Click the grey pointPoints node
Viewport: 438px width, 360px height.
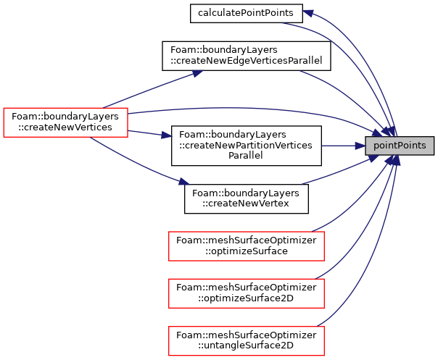400,146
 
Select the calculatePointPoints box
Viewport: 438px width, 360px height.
246,13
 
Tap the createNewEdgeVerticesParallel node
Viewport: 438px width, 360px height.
247,56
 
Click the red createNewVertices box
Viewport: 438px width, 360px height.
66,122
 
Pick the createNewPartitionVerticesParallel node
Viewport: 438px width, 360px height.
247,146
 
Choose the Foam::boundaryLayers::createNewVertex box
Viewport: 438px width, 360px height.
247,199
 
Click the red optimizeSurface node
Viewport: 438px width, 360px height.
247,246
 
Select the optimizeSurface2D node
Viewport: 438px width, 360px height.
247,293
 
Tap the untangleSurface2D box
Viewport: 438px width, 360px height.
247,340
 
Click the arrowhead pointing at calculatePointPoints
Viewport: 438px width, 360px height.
307,12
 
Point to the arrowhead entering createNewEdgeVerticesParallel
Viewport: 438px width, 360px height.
197,73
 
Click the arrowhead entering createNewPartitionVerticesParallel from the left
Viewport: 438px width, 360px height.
167,136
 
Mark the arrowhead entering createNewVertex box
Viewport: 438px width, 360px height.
184,182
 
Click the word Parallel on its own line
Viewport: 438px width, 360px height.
246,156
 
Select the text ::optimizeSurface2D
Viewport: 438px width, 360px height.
246,298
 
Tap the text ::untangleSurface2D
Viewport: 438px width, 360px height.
246,346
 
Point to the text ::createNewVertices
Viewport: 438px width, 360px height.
65,127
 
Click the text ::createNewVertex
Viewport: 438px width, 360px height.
246,204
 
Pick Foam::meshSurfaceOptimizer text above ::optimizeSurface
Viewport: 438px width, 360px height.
247,240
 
